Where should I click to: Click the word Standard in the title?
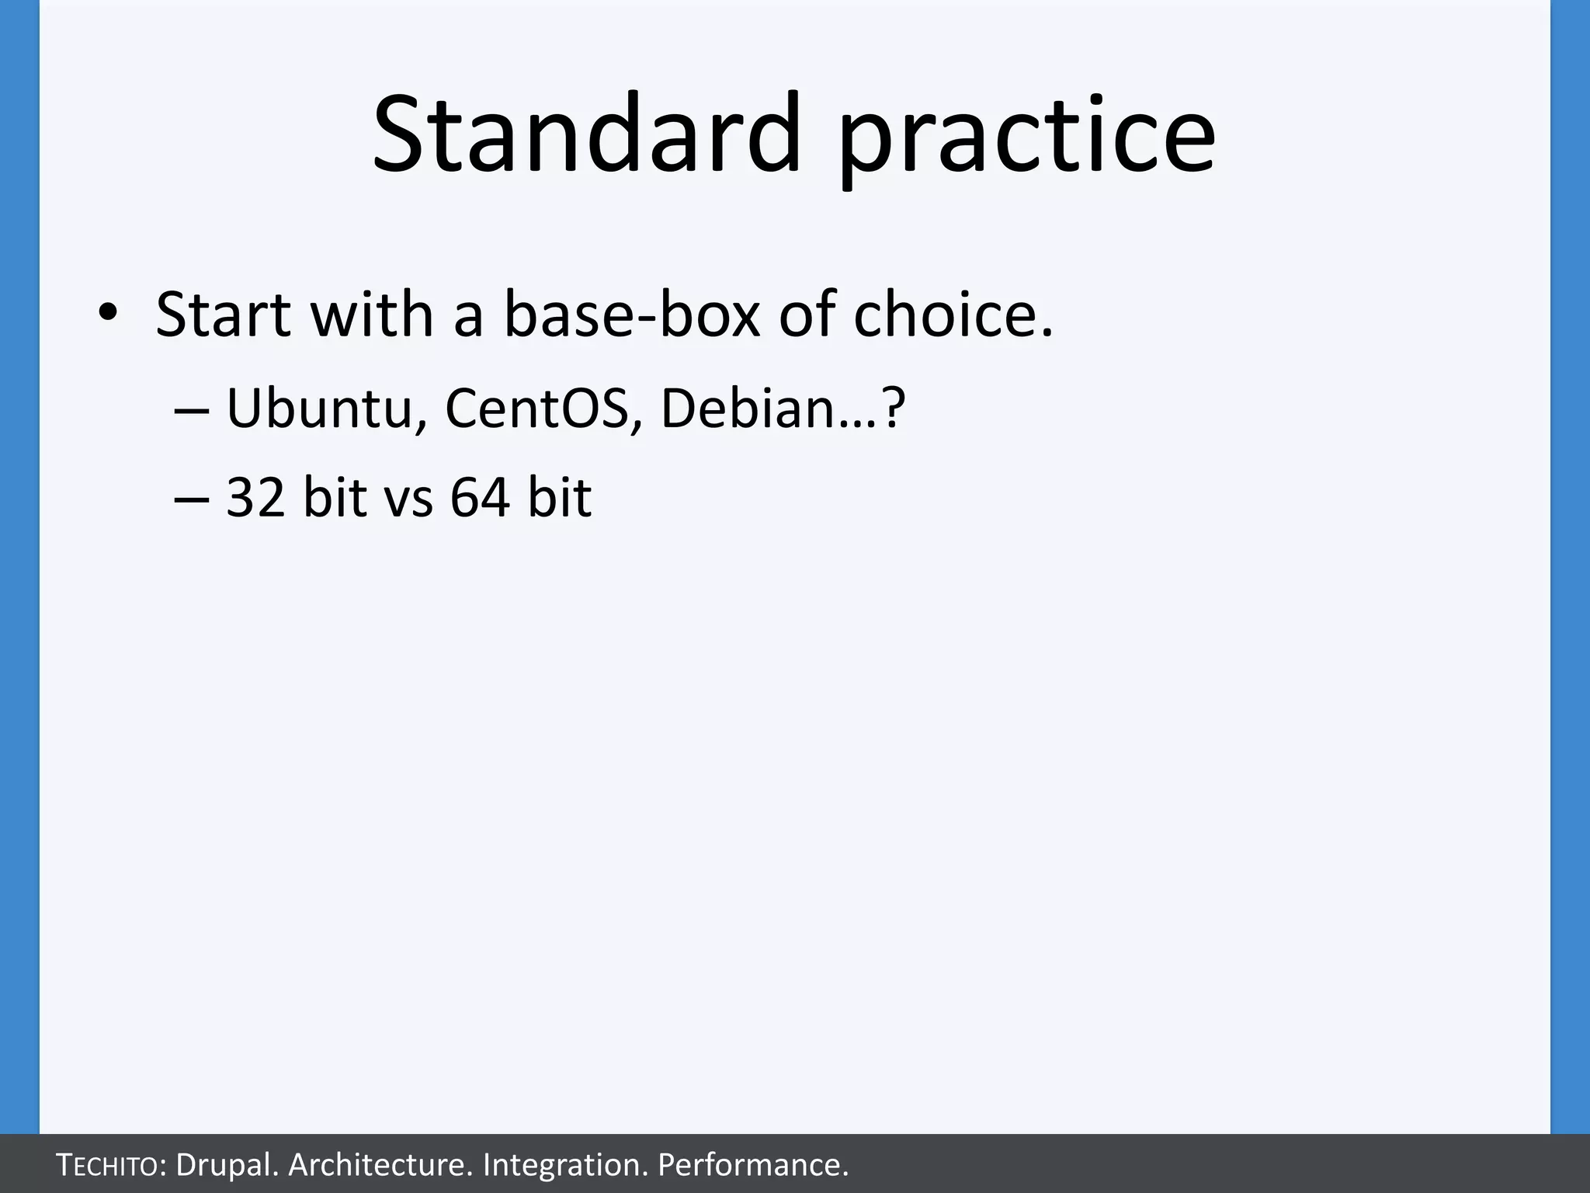[586, 134]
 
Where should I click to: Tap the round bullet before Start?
[107, 313]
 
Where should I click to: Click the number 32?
[255, 497]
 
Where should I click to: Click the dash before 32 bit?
[191, 499]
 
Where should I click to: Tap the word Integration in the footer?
[564, 1165]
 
